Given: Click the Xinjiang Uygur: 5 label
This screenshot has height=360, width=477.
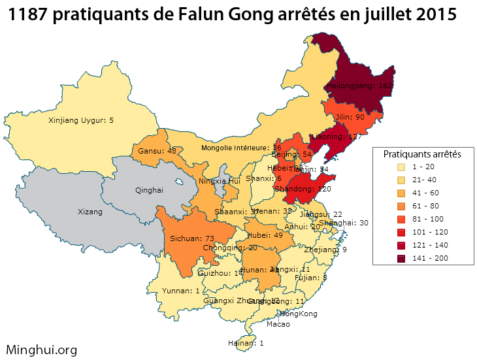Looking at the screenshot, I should pos(81,120).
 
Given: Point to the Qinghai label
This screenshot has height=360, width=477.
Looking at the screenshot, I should pos(148,190).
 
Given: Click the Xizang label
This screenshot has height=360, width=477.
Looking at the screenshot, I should pos(90,212).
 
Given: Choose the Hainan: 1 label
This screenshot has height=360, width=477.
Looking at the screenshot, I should pos(243,343).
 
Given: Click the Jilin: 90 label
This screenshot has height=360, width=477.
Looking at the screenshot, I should pos(350,117).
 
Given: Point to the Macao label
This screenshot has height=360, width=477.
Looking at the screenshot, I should pos(278,324).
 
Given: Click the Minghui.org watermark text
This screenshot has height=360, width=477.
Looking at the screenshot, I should pos(41,350).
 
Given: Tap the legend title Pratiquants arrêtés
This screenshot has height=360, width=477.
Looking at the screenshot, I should pos(422,154).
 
